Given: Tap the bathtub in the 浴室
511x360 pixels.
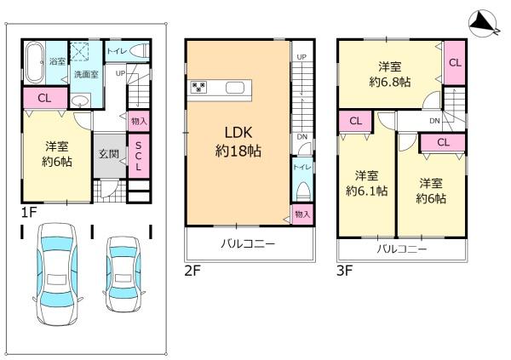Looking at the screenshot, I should [33, 60].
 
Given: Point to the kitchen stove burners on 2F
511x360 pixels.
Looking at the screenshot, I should [198, 86].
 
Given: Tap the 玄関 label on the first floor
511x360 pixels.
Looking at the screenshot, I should [108, 154].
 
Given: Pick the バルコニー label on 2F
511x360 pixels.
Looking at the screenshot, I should [248, 244].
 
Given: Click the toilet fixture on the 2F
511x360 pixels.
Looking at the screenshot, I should [300, 189].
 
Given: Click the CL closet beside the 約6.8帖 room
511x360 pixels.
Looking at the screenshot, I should [455, 62].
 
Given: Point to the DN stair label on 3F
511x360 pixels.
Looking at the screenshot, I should [434, 121].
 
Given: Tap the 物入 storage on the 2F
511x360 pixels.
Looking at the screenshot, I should [301, 214].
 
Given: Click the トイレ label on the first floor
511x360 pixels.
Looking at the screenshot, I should [117, 50].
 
